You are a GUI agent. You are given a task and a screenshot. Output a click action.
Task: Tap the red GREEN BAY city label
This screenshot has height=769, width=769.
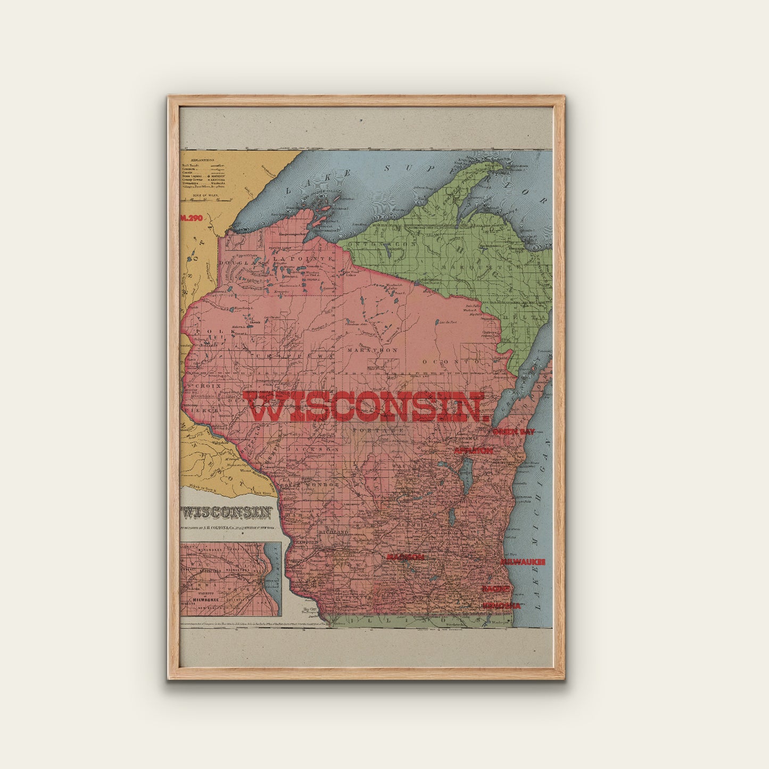pyautogui.click(x=514, y=432)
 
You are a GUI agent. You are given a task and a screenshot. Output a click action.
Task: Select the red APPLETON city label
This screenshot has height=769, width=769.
pyautogui.click(x=473, y=451)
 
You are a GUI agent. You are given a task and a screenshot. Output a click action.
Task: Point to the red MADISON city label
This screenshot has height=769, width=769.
pyautogui.click(x=405, y=557)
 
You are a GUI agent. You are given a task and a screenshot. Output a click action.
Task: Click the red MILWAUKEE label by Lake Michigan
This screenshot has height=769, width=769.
pyautogui.click(x=523, y=561)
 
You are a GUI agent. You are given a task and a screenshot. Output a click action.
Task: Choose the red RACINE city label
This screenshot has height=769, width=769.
pyautogui.click(x=496, y=589)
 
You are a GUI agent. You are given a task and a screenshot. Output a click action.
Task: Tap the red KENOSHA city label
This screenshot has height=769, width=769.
pyautogui.click(x=501, y=606)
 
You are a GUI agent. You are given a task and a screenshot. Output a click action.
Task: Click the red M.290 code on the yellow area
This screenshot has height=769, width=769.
pyautogui.click(x=192, y=218)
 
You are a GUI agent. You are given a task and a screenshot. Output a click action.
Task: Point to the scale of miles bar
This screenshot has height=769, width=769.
pyautogui.click(x=208, y=200)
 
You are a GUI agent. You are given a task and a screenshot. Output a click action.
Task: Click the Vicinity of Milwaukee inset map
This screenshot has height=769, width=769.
pyautogui.click(x=230, y=579)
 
